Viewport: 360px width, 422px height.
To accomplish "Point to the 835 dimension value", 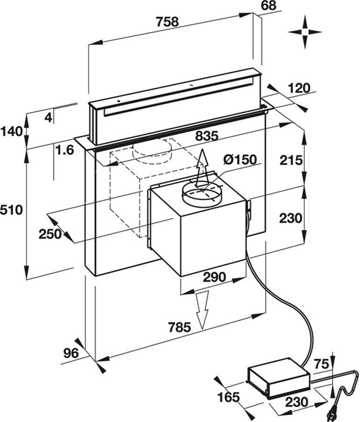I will click(206, 136).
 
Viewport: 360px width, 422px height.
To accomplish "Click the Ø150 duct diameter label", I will click(241, 160).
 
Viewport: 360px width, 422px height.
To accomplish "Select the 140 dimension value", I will click(11, 131).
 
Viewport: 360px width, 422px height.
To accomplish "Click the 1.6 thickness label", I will click(65, 150).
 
